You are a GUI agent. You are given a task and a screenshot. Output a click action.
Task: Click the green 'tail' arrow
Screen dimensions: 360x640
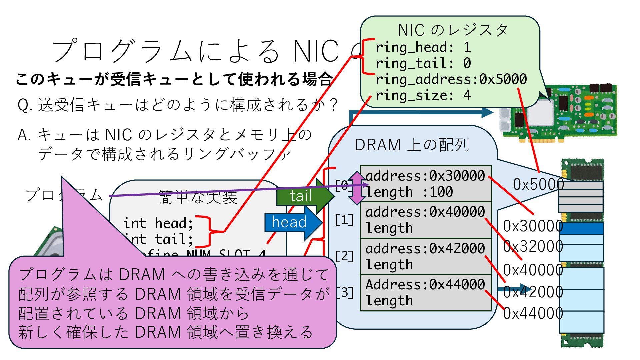point(302,196)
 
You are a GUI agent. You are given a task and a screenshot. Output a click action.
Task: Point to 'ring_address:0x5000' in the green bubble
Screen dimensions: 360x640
point(451,80)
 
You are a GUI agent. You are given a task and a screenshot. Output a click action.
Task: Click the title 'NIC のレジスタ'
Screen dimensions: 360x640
point(452,30)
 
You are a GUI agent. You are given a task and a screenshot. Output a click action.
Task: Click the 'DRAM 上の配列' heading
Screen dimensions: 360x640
point(412,145)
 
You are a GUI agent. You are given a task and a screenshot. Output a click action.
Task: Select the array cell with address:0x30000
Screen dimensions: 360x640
point(426,184)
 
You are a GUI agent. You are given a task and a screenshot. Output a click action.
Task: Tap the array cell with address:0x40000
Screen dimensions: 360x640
point(426,220)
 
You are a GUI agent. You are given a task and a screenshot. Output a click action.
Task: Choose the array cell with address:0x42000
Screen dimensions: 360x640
point(426,256)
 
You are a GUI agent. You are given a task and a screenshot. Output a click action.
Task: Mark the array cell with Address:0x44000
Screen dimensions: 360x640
point(426,293)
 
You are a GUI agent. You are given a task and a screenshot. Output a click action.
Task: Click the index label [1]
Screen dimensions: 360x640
point(344,220)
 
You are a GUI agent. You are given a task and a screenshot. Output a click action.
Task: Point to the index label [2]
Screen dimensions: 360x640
point(344,256)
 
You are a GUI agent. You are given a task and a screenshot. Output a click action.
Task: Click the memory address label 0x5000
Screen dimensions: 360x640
point(538,184)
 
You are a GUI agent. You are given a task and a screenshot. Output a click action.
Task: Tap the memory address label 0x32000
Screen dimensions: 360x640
point(533,247)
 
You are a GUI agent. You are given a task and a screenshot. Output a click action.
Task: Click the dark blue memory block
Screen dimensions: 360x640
point(581,229)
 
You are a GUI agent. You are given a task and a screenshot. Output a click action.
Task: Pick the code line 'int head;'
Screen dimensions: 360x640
point(158,223)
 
